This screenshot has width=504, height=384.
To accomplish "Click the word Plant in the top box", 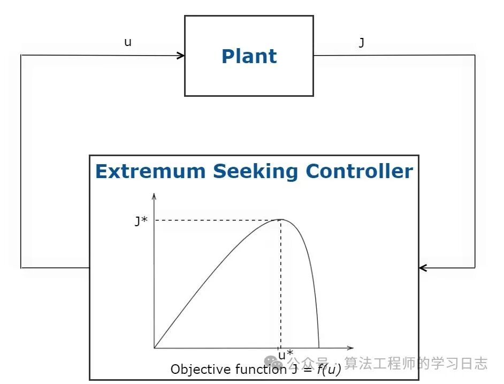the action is (249, 56).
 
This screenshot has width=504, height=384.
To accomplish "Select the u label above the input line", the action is (127, 42).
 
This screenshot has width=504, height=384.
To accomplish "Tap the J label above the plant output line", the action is (361, 43).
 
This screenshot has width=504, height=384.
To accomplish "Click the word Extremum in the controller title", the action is (150, 172).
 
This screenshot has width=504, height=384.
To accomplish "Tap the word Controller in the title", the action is (359, 172).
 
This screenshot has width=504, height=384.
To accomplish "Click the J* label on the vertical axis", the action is (141, 221).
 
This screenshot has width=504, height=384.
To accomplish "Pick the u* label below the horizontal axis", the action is (285, 355).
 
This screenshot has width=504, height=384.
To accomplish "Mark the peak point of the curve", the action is (281, 219).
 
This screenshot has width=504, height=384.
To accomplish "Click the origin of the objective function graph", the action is (154, 348).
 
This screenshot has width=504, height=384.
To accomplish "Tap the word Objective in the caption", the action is (193, 369).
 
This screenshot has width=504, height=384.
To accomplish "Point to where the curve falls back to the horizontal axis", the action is (319, 348).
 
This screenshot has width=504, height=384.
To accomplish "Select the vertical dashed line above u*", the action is (281, 283).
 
